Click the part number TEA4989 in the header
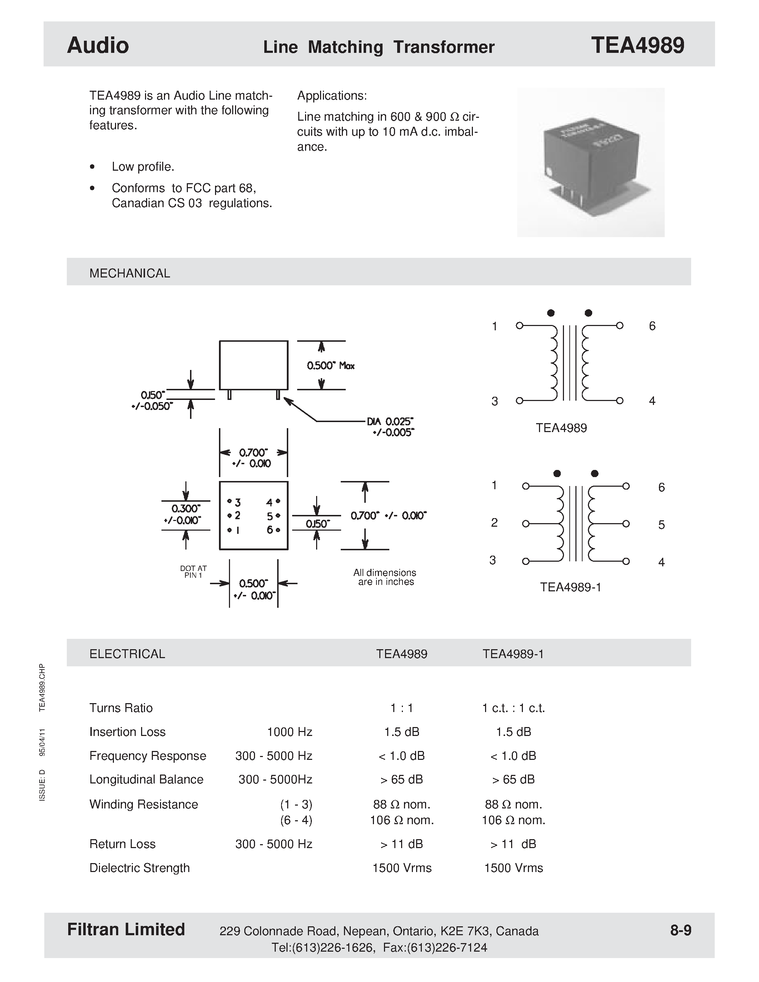(637, 45)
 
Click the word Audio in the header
(98, 45)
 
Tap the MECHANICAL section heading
(130, 274)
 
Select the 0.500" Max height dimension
(330, 366)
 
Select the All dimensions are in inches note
(385, 577)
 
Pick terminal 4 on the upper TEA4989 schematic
(620, 400)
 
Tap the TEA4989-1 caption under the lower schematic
(570, 587)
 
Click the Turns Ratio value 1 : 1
(401, 708)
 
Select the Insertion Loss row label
(127, 732)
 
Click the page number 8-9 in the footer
(680, 930)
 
